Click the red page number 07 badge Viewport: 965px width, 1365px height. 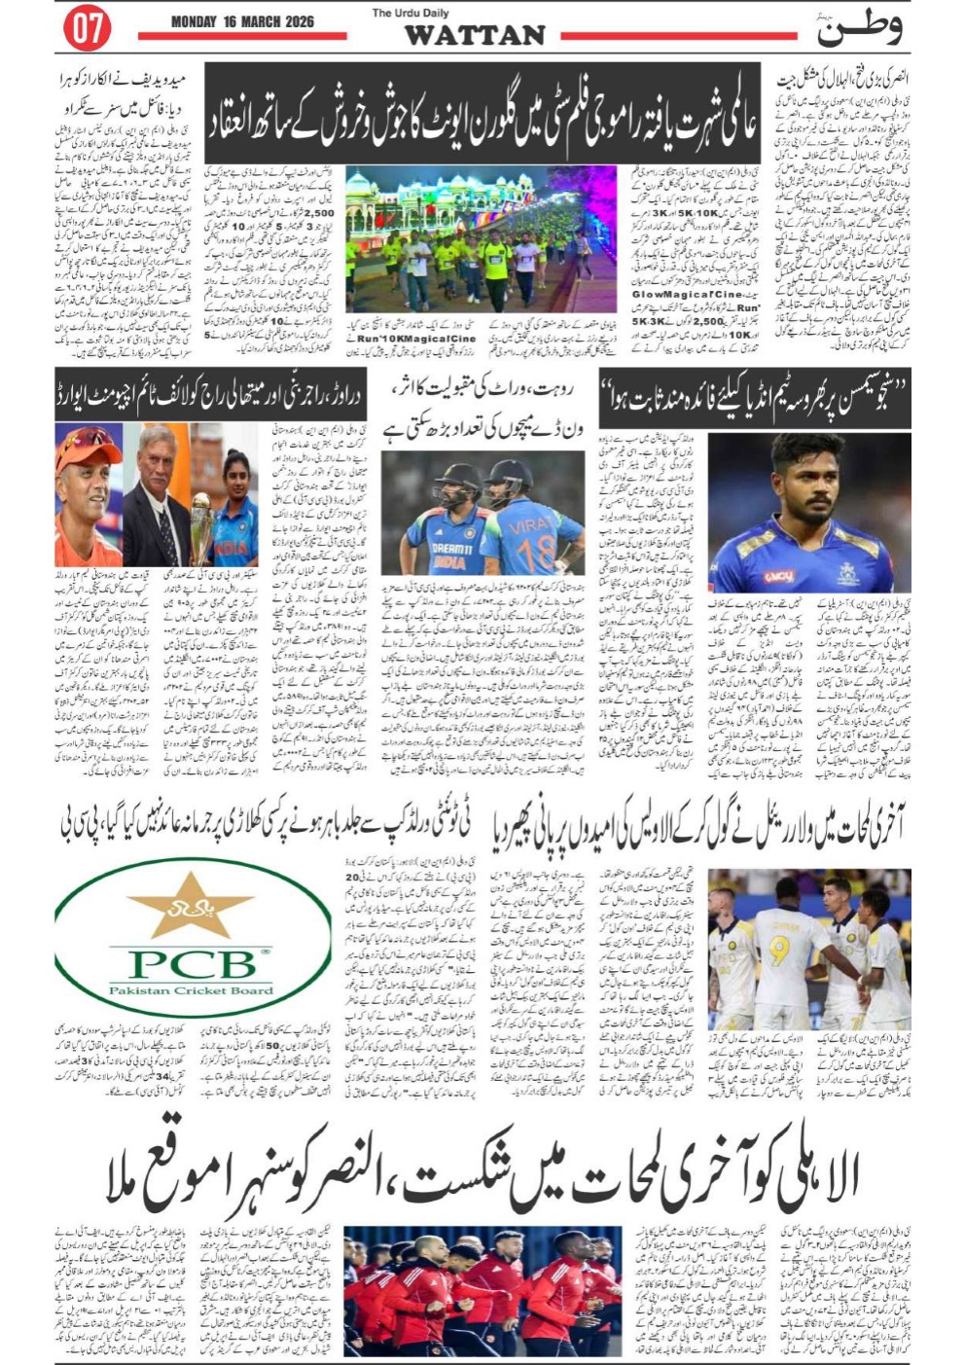point(87,28)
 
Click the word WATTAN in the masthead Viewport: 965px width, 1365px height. point(474,35)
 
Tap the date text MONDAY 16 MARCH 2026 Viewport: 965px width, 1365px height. point(242,21)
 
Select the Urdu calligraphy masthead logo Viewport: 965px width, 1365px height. point(857,27)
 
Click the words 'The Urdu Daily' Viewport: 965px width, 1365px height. point(411,13)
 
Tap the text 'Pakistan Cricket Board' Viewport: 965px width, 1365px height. point(191,990)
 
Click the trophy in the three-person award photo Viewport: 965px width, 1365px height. point(200,526)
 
